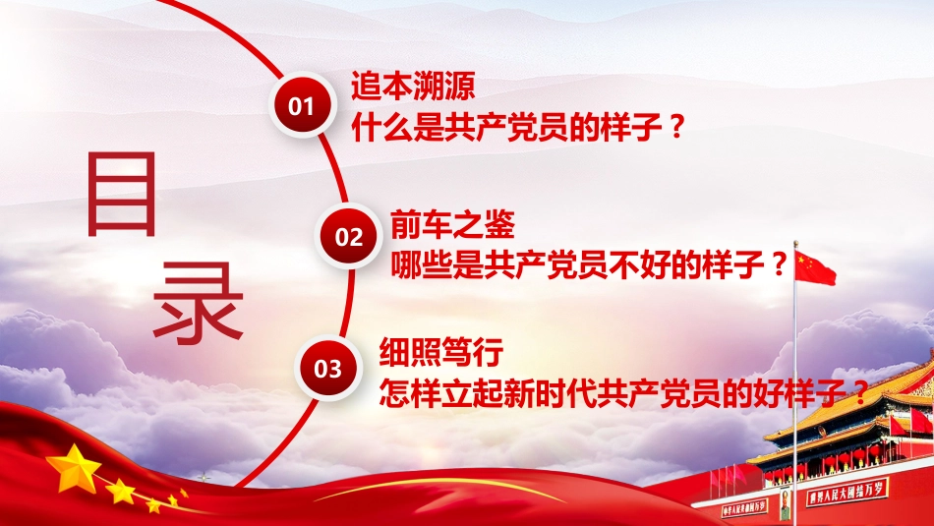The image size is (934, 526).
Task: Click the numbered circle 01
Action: tap(302, 106)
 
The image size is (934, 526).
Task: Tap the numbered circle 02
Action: tap(348, 237)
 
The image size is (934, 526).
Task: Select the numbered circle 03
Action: tap(327, 369)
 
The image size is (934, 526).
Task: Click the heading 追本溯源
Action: tap(413, 86)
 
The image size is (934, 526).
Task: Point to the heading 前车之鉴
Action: tap(452, 224)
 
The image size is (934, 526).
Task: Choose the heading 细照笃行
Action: tap(441, 352)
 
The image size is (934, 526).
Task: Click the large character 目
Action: tap(122, 195)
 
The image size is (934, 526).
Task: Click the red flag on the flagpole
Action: tap(815, 267)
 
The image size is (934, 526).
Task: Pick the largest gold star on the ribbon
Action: tap(74, 468)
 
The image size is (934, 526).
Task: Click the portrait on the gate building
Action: tap(786, 504)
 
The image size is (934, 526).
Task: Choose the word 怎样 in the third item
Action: tap(410, 392)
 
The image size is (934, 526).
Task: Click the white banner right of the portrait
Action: tap(846, 491)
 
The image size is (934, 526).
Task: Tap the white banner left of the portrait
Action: tap(744, 509)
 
